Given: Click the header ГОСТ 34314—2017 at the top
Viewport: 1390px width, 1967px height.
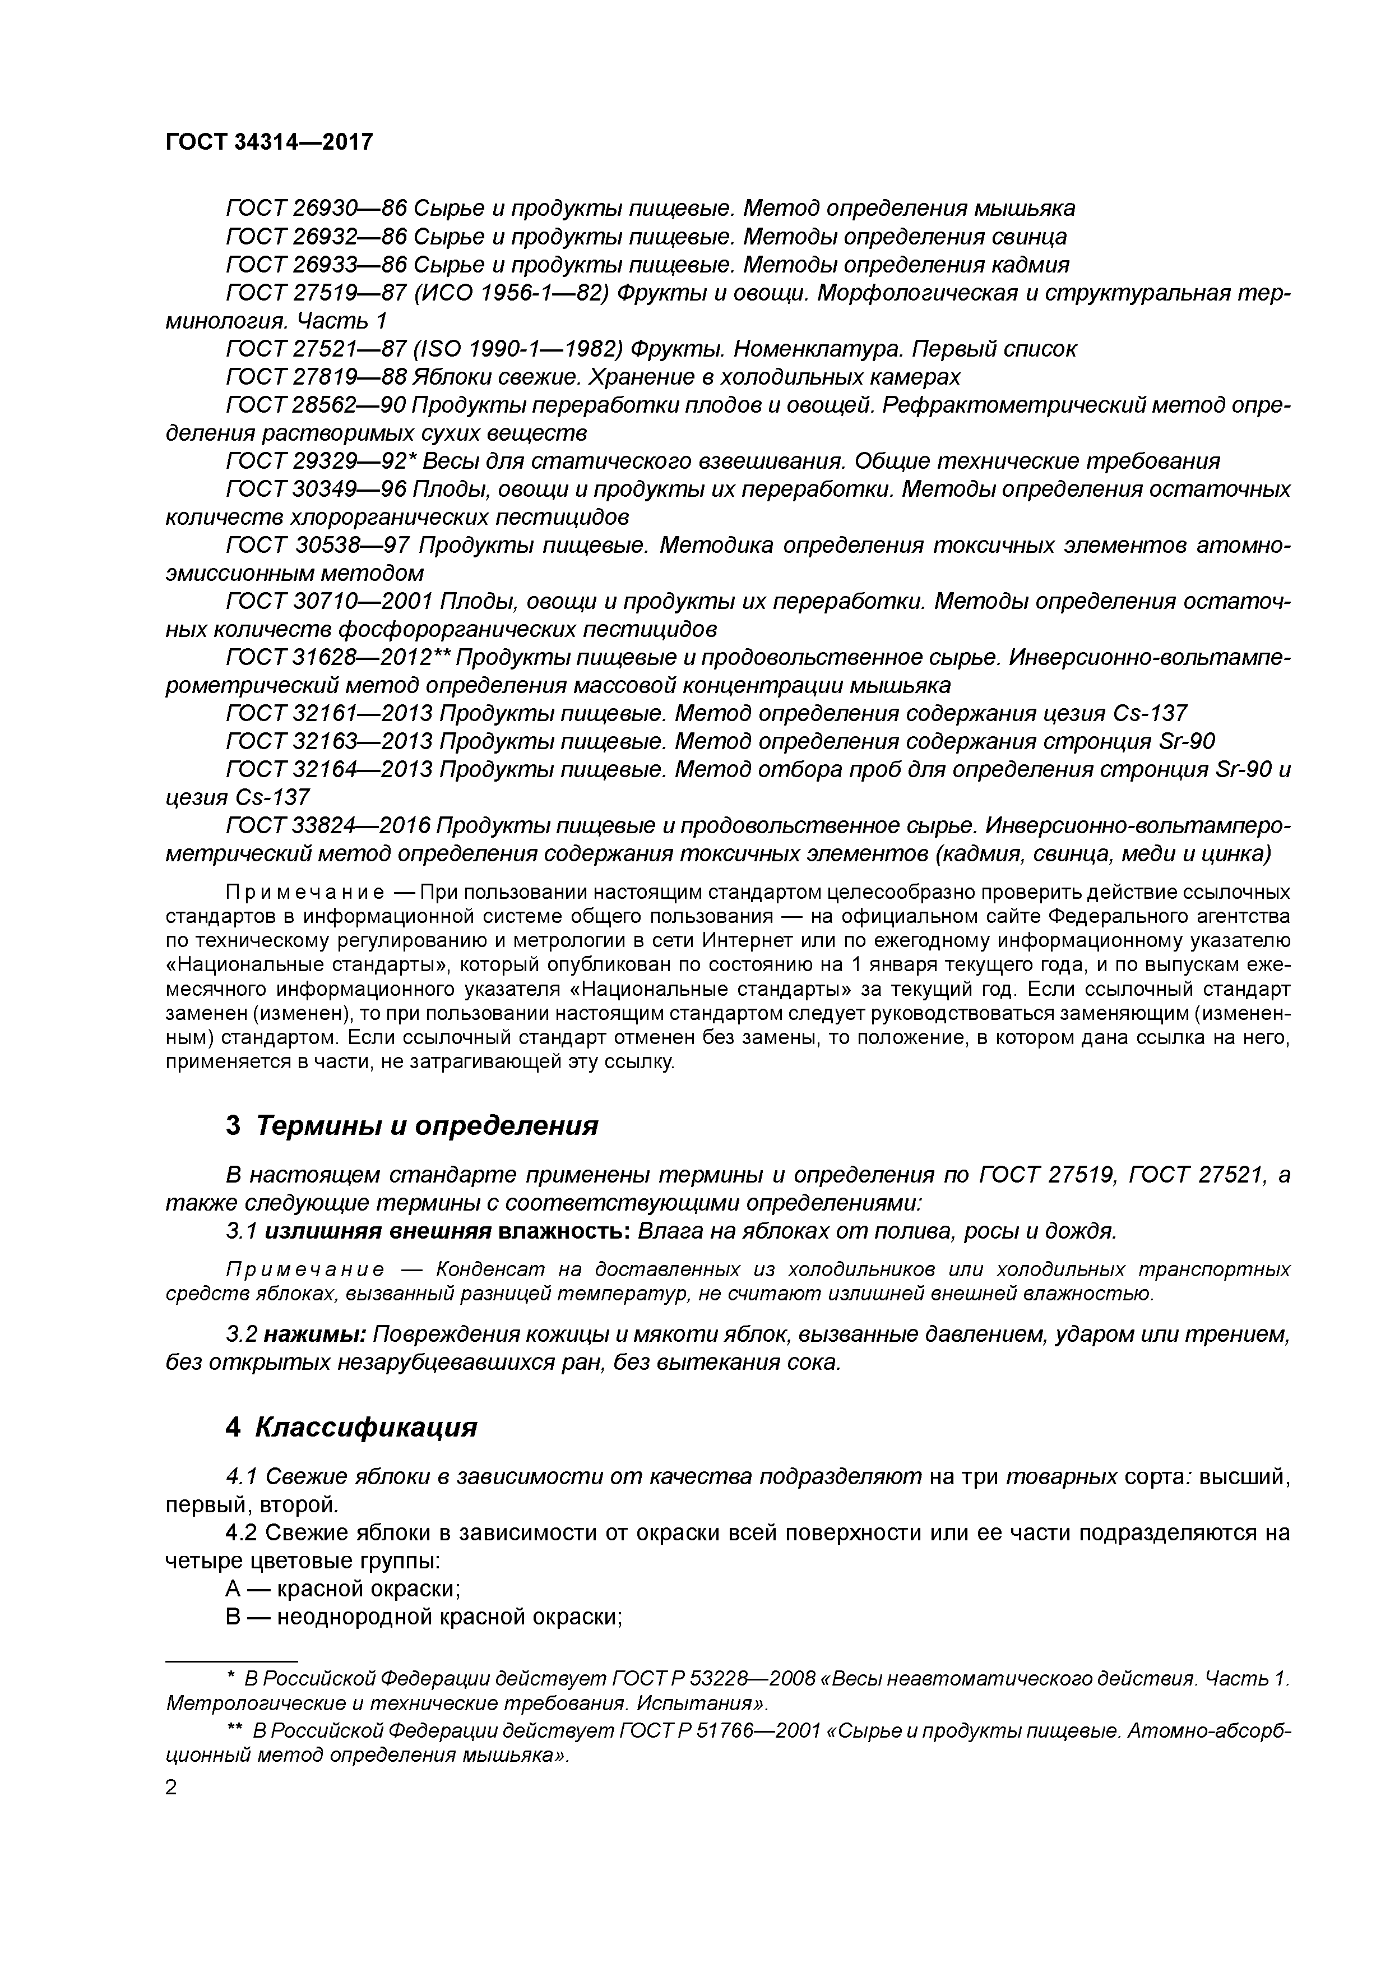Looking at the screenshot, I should coord(270,141).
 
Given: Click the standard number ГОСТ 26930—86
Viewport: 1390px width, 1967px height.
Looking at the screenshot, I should coord(315,208).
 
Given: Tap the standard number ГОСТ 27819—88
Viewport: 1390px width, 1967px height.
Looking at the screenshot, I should coord(315,377).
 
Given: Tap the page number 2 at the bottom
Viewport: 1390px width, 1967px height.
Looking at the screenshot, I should coord(172,1788).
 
